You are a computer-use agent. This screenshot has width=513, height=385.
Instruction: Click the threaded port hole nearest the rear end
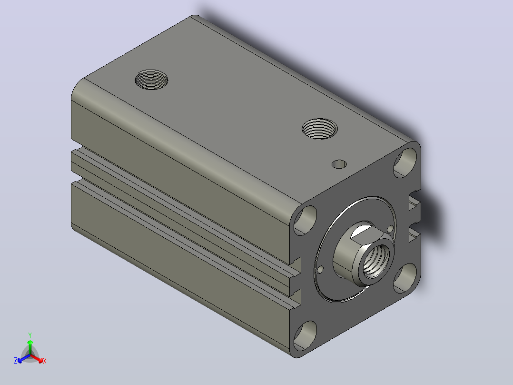[x=151, y=80]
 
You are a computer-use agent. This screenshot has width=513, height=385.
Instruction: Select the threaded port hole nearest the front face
[x=320, y=129]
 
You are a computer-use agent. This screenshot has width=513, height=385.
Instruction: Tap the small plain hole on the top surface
[x=339, y=164]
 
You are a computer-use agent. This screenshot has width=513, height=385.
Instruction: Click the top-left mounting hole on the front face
[x=306, y=220]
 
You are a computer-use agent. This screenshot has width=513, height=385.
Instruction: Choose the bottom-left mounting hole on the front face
[x=306, y=336]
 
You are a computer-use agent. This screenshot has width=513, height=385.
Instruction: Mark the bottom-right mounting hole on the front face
[x=405, y=278]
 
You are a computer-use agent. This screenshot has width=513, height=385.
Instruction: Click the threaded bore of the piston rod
[x=375, y=261]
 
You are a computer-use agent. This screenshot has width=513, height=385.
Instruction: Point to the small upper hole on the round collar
[x=390, y=228]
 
